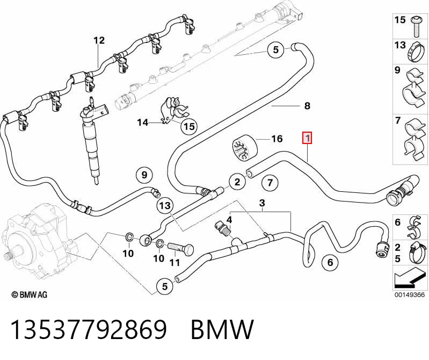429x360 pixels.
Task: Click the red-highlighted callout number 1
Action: [x=308, y=138]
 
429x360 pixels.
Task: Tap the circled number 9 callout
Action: [x=144, y=175]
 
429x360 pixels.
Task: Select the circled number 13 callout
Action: [x=165, y=205]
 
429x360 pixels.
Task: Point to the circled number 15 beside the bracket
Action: [x=189, y=126]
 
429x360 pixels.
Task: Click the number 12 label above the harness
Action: [x=99, y=40]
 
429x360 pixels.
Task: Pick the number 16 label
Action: [x=277, y=139]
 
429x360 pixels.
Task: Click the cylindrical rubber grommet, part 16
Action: [x=245, y=148]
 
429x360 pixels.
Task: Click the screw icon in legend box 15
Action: [x=416, y=26]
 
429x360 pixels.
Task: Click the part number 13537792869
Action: [x=89, y=329]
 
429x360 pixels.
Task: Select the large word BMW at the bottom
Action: [x=222, y=329]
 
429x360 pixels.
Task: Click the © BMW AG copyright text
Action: [x=30, y=294]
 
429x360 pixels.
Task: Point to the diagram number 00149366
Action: [x=410, y=295]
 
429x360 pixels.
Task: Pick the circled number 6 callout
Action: [x=330, y=262]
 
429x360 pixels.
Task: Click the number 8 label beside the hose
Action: [x=307, y=106]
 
